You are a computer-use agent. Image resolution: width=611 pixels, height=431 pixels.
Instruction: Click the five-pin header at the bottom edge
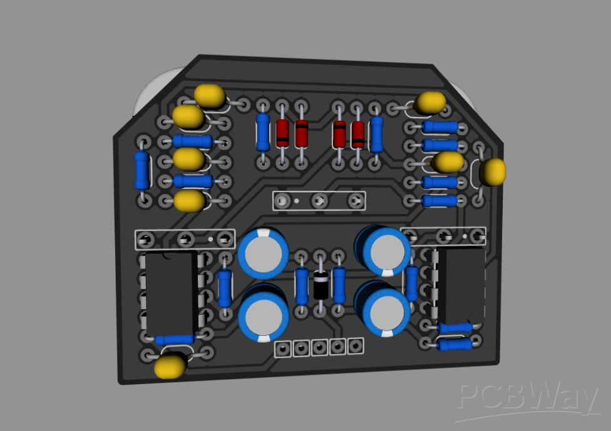click(320, 347)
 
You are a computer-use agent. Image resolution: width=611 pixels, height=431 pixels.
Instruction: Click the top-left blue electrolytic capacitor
click(263, 253)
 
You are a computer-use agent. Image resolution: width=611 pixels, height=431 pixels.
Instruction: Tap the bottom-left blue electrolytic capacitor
click(264, 315)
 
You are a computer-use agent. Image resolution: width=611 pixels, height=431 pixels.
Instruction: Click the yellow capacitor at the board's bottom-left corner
click(170, 366)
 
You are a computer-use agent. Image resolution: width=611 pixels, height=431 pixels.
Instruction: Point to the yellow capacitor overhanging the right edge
click(493, 172)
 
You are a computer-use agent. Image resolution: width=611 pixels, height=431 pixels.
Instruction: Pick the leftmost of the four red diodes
click(282, 132)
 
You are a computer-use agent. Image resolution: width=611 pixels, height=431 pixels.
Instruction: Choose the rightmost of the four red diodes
click(357, 133)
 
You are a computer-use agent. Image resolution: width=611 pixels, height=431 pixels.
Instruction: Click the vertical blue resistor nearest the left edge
click(142, 170)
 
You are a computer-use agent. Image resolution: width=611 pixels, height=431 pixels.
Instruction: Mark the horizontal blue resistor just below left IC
click(175, 339)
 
